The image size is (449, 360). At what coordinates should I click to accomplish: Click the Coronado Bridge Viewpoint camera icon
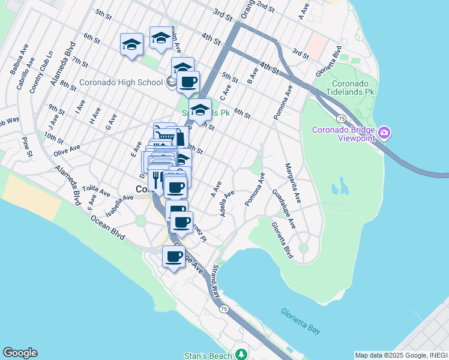[x=385, y=132]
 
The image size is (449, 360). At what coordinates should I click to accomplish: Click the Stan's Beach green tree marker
[x=241, y=354]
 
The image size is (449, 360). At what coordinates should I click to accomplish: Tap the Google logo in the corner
[x=20, y=353]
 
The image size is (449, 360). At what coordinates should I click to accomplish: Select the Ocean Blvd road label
[x=109, y=228]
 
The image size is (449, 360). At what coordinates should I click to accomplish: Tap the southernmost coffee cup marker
[x=174, y=257]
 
